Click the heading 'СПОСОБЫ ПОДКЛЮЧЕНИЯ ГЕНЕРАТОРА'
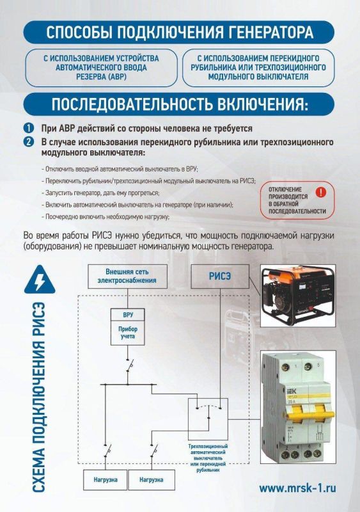(180, 32)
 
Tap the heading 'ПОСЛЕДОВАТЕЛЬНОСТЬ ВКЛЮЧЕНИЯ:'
(180, 104)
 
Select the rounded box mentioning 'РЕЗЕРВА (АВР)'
(101, 67)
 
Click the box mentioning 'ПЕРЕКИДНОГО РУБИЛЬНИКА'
(258, 67)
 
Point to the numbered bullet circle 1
(29, 128)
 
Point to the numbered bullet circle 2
(29, 141)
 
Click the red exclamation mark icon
(321, 191)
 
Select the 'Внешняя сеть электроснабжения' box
(127, 276)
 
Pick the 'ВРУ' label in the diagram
(128, 316)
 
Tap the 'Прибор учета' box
(128, 333)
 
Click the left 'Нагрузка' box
(104, 479)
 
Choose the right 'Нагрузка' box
(151, 479)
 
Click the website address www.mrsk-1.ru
(297, 488)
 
